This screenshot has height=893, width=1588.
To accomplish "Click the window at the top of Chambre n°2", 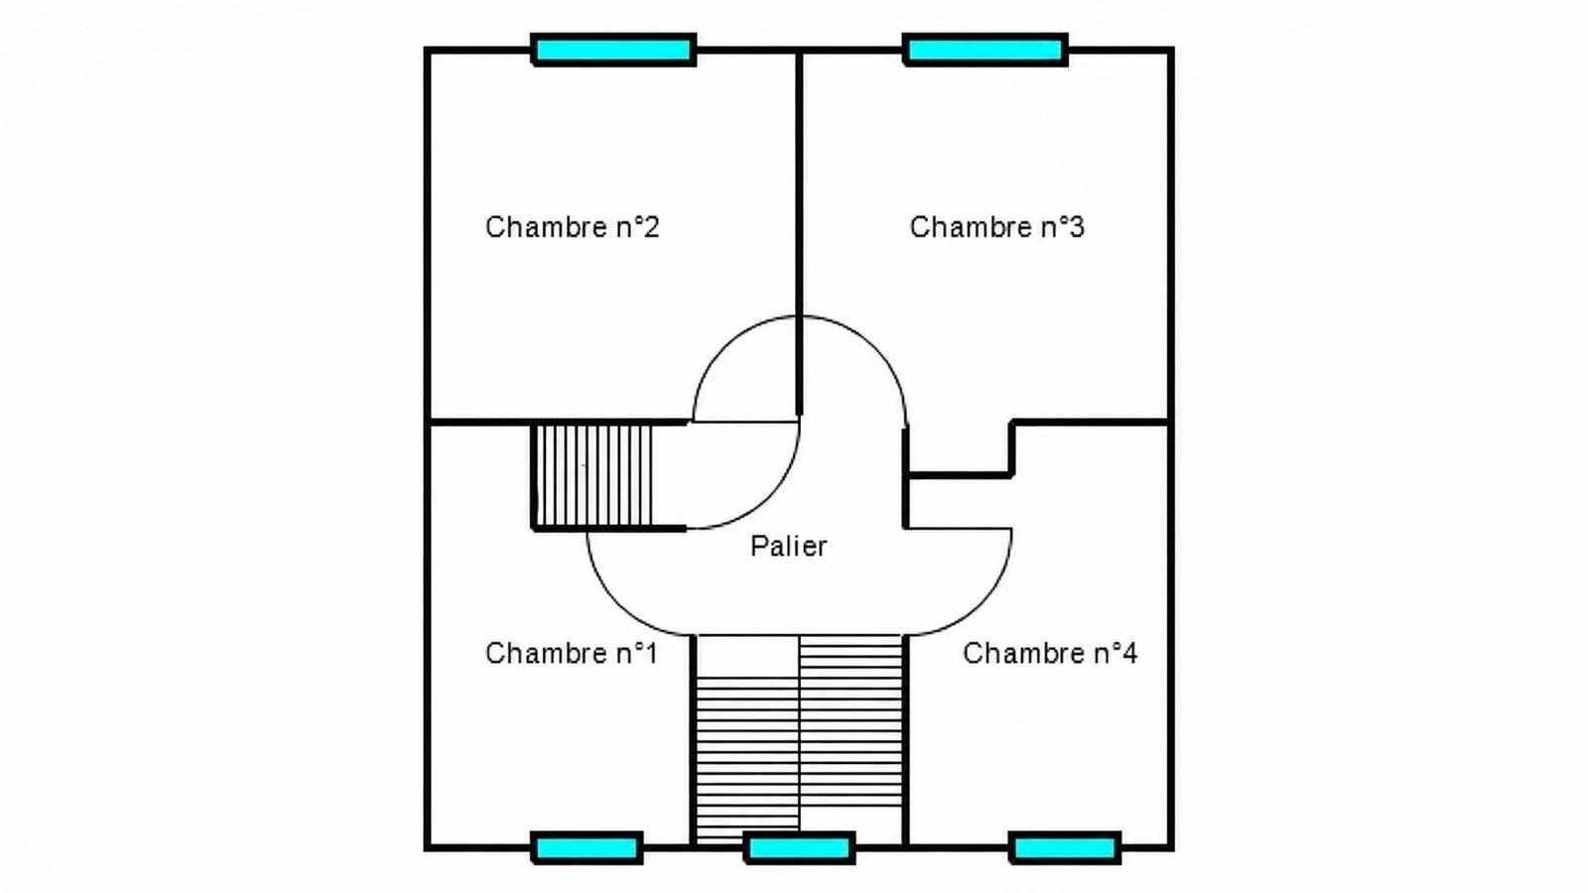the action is [614, 50].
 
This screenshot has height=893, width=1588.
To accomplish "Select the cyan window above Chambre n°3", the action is [986, 50].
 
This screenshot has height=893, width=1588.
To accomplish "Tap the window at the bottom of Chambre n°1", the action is [587, 847].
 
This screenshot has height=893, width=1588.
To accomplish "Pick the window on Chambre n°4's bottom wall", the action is [1065, 847].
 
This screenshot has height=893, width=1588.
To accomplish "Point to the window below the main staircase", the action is [800, 847].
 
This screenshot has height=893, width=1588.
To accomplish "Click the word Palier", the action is [788, 547].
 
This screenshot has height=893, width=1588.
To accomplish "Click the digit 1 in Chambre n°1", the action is [650, 653].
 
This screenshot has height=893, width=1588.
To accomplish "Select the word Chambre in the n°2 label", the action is [545, 227].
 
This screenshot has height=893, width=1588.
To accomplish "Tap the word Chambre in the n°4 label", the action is [1022, 653].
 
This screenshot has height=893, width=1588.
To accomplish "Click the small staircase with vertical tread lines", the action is [592, 476].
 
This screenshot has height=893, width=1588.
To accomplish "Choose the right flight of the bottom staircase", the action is [851, 720].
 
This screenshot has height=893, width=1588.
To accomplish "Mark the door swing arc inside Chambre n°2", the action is [725, 346].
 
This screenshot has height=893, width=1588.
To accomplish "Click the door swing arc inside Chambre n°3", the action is [874, 346].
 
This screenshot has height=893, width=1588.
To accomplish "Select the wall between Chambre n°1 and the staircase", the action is [691, 740].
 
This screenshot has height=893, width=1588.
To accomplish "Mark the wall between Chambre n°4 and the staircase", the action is [905, 740].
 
